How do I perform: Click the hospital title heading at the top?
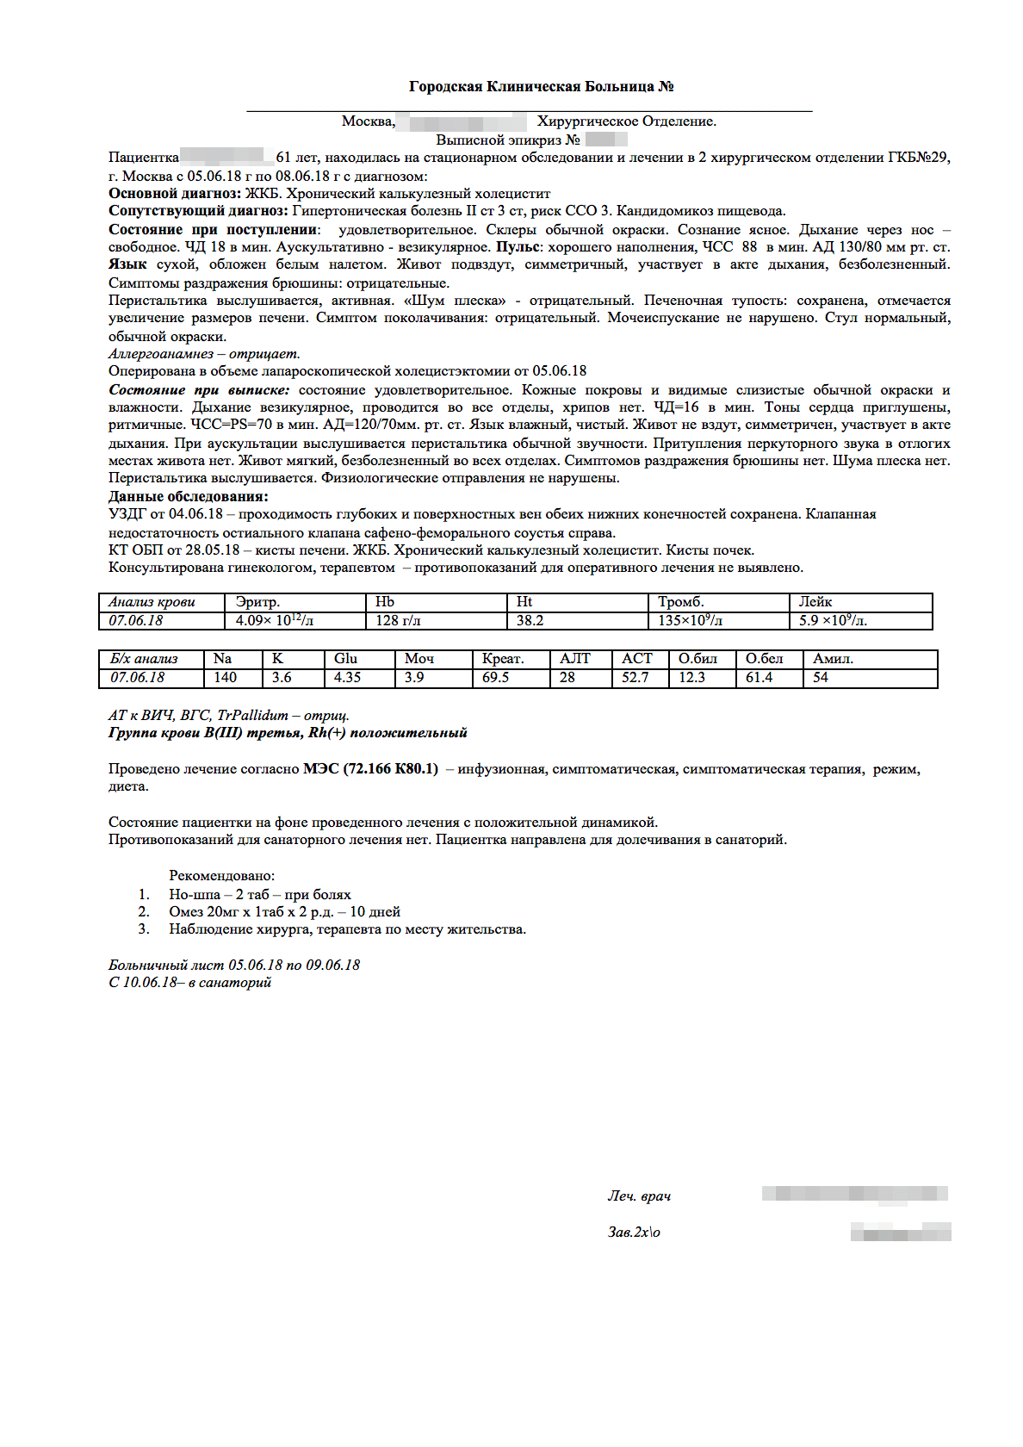pos(541,86)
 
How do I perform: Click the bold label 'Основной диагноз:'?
pos(175,194)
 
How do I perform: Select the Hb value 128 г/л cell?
pos(398,620)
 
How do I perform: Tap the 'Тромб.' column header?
pos(680,602)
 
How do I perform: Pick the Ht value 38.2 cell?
pos(530,620)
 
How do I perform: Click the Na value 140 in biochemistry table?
pos(225,678)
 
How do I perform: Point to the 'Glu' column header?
pos(345,659)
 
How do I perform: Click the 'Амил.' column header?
pos(833,659)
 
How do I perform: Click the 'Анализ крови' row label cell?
pos(152,602)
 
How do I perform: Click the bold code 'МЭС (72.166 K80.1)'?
pos(370,769)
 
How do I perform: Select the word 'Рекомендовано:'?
pos(221,876)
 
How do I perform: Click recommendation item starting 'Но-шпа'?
pos(259,895)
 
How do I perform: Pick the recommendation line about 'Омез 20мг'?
pos(284,912)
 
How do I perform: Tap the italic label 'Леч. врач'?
pos(639,1196)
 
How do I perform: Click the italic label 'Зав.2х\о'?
pos(634,1233)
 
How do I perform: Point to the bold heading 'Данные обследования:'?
pos(188,497)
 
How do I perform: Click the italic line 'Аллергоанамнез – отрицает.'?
pos(204,354)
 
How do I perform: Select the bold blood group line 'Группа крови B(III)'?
pos(288,733)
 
